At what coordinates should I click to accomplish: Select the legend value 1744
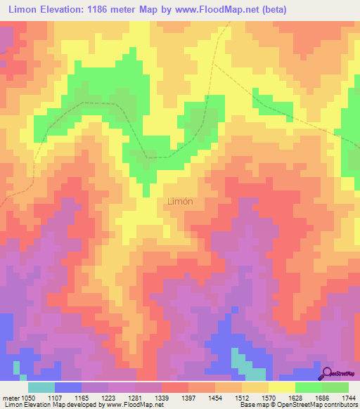[348, 397]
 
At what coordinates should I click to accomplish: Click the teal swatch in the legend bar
[41, 387]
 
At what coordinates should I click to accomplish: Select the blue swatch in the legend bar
[68, 387]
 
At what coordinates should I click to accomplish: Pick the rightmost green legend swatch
[335, 387]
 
